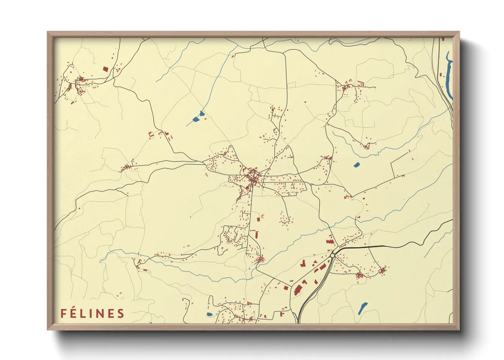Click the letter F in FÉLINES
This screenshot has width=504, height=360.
click(x=63, y=313)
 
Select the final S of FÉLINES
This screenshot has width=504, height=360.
click(x=121, y=313)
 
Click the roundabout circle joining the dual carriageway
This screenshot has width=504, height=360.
click(x=332, y=255)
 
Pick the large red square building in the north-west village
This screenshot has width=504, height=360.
click(x=105, y=69)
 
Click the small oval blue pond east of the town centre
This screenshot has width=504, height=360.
click(x=357, y=165)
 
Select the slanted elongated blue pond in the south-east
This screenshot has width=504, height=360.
click(x=363, y=308)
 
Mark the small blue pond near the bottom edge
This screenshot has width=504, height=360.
click(x=209, y=314)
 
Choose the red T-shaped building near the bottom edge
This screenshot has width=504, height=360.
click(x=282, y=313)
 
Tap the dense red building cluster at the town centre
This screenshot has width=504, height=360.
click(x=253, y=176)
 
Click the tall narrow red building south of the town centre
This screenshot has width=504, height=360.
click(x=256, y=235)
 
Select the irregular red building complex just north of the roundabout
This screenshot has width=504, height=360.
click(x=329, y=242)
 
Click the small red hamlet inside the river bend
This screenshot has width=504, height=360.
click(x=366, y=147)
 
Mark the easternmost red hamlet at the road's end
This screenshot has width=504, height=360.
click(x=382, y=271)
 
